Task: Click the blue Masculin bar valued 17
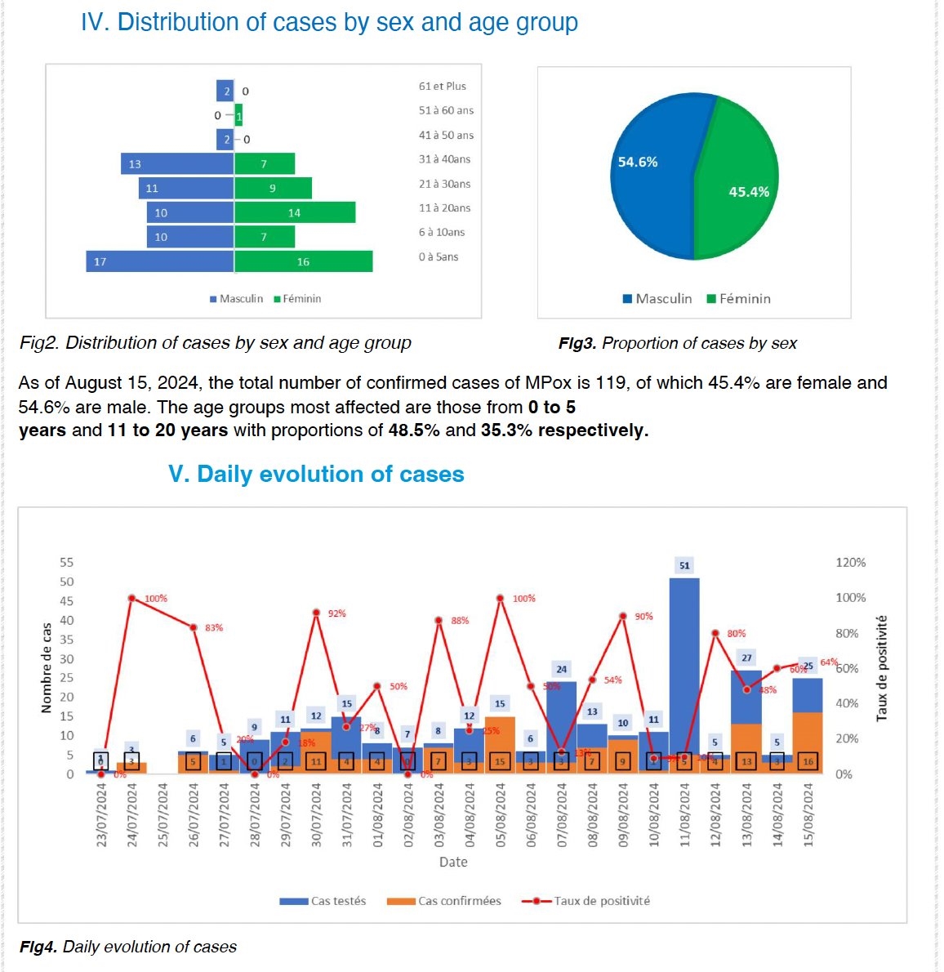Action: click(x=160, y=261)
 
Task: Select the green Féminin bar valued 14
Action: click(x=295, y=212)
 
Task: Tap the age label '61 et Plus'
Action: click(x=443, y=87)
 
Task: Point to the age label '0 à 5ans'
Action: click(x=439, y=257)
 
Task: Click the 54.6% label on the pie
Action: click(x=638, y=163)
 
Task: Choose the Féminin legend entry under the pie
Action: click(x=739, y=299)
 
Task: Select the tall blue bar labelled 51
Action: click(x=684, y=662)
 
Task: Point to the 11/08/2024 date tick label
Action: click(x=685, y=814)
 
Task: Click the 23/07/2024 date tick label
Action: click(x=102, y=814)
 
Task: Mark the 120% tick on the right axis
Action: click(x=850, y=563)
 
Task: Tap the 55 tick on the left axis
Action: click(x=66, y=563)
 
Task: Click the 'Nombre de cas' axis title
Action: click(x=47, y=667)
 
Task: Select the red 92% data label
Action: click(x=336, y=613)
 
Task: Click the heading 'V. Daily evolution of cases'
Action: click(x=316, y=475)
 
